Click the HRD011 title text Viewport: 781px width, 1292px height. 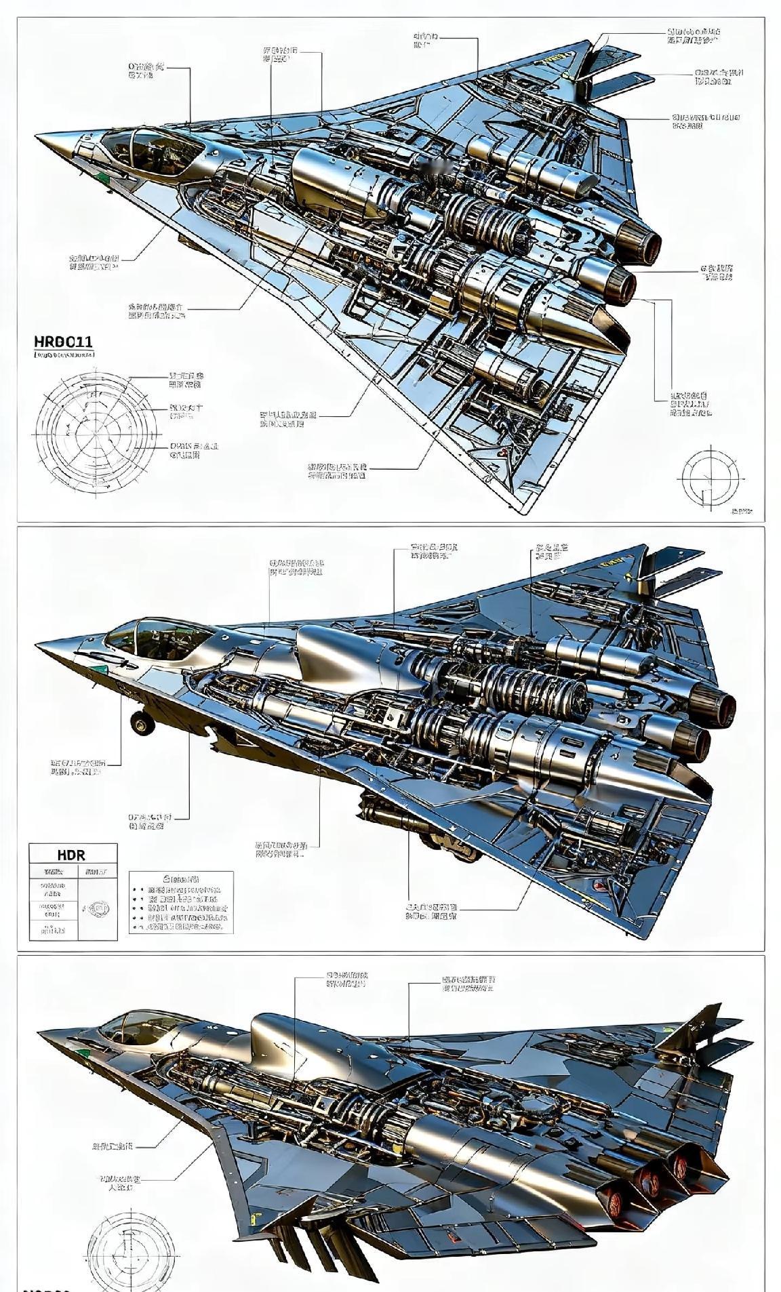(63, 341)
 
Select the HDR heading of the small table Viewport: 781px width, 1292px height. (72, 855)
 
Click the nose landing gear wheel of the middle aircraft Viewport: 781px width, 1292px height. (142, 723)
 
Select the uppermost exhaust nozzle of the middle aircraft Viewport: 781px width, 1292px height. (720, 706)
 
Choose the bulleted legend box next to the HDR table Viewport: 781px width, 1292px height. (181, 902)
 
